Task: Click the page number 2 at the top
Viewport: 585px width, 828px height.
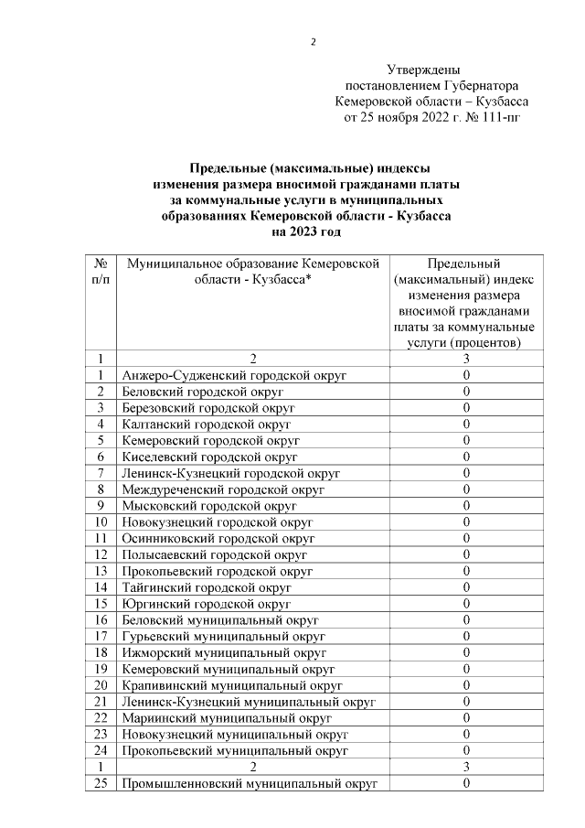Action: click(x=314, y=42)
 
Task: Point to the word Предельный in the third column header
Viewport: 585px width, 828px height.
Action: click(x=465, y=263)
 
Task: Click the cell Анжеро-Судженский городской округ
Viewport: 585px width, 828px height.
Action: click(x=234, y=375)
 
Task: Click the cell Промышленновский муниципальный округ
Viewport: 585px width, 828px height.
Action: click(x=249, y=783)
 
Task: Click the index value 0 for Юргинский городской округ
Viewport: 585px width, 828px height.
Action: click(x=465, y=604)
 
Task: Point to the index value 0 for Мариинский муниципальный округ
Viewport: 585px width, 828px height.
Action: click(x=465, y=717)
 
